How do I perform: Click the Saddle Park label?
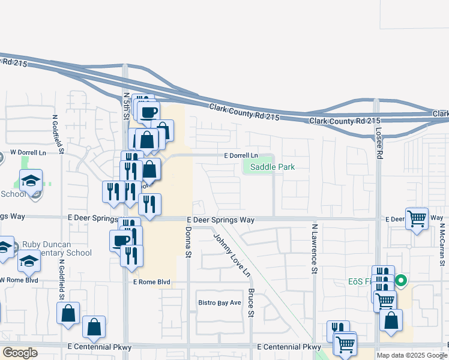[273, 167]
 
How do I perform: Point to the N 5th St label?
[126, 104]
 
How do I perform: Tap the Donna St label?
[188, 242]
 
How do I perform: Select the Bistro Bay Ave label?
[220, 303]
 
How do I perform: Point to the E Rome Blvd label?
[152, 282]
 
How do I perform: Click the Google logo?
[20, 353]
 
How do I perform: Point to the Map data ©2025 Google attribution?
[411, 355]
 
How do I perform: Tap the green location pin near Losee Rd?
[401, 280]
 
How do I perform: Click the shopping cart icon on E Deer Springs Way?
[417, 219]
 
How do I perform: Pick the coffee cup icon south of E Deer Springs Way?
[120, 240]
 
